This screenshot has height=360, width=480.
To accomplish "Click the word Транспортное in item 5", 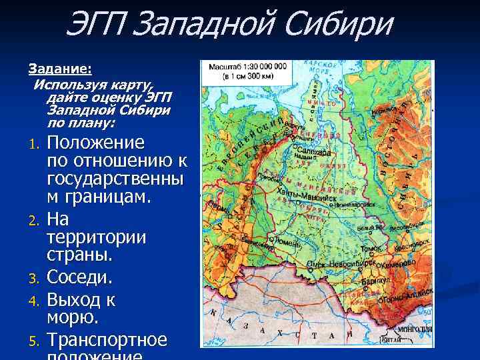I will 107,340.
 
